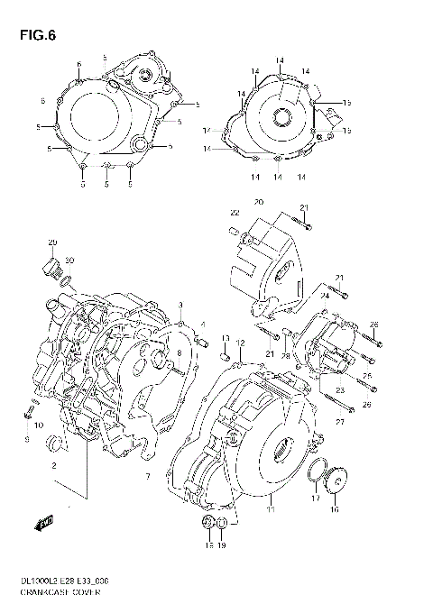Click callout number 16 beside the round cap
click(336, 509)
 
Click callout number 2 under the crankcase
click(54, 465)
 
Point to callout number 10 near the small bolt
click(40, 424)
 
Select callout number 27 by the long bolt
click(340, 420)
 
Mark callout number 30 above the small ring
click(69, 261)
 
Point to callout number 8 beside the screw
click(179, 352)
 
